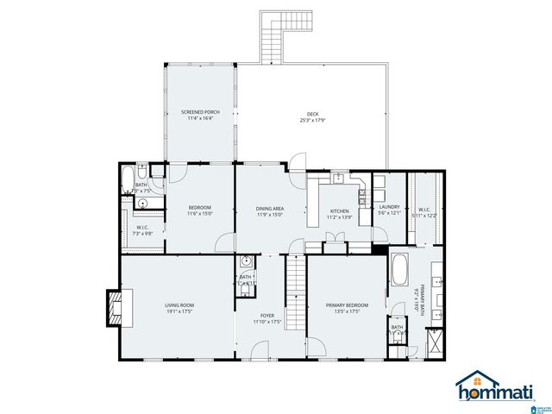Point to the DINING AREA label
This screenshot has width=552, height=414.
click(x=269, y=209)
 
